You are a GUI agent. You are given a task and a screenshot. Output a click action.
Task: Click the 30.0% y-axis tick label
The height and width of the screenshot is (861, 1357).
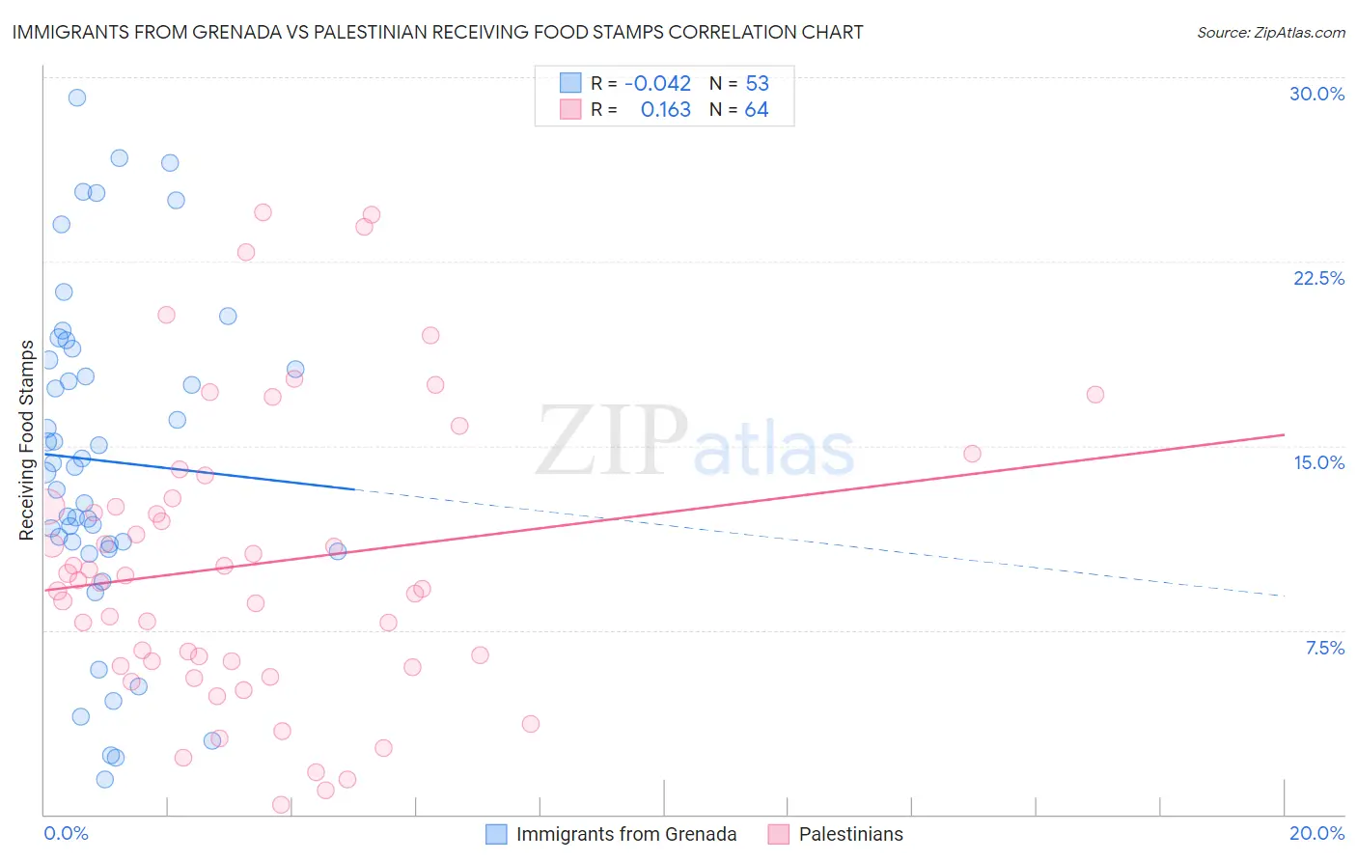[x=1316, y=94]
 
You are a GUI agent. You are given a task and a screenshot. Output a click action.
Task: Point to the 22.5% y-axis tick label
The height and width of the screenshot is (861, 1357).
[x=1318, y=278]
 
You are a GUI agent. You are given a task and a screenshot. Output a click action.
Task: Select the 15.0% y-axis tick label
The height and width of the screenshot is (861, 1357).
[x=1318, y=462]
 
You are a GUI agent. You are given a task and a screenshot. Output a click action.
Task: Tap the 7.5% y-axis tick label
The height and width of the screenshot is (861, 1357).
[x=1324, y=648]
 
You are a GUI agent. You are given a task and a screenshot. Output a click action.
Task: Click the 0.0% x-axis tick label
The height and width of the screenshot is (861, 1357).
[x=66, y=833]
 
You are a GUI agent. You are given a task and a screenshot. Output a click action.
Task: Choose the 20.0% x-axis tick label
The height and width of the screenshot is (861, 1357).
[x=1316, y=833]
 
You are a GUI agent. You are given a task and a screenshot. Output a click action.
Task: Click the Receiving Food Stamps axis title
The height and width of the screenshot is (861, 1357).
[x=27, y=439]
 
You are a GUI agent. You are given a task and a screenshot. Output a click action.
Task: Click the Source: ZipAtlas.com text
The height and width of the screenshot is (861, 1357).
[x=1270, y=32]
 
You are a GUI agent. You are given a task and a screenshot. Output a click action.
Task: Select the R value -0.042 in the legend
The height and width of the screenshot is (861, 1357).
[x=657, y=83]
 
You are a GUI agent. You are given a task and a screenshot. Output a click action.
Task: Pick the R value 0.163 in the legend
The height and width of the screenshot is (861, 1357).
[x=665, y=110]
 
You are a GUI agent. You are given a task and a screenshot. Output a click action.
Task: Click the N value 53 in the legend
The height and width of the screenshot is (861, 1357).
[x=757, y=83]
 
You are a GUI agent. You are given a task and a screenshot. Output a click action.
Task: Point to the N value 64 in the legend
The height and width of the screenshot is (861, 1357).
[x=757, y=110]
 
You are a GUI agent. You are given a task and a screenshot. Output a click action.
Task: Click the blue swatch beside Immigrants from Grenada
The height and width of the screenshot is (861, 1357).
[x=496, y=834]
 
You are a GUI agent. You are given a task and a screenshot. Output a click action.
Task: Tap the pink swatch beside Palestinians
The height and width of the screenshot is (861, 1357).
[x=779, y=834]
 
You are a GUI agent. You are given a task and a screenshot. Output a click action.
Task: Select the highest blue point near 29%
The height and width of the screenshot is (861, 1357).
[x=77, y=97]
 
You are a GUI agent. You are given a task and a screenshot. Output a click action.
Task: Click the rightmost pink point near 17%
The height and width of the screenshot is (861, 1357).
[x=1094, y=394]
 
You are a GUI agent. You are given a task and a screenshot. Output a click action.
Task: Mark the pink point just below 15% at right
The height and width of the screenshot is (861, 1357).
[x=972, y=454]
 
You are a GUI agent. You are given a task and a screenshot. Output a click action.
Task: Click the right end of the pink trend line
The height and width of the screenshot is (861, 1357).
[x=1284, y=434]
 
